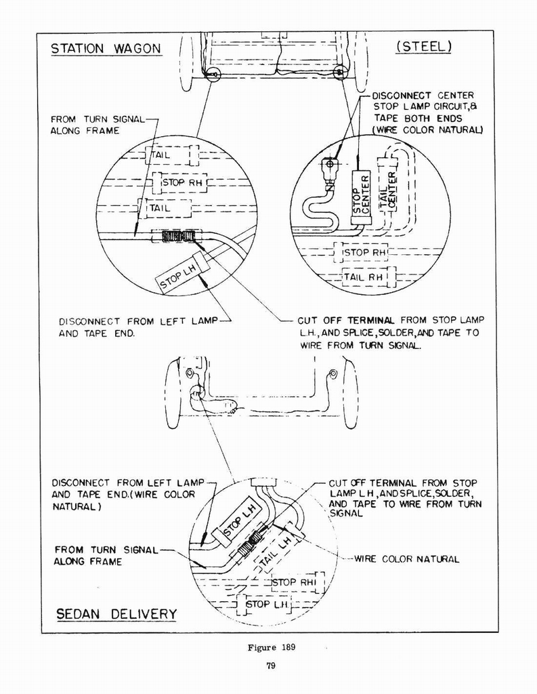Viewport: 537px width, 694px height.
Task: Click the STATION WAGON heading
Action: tap(106, 48)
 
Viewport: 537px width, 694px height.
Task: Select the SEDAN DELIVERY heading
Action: tap(116, 614)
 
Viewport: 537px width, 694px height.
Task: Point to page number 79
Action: tap(270, 666)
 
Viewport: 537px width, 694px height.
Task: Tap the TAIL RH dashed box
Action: tap(364, 277)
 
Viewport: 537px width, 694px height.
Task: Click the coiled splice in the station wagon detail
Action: tap(177, 237)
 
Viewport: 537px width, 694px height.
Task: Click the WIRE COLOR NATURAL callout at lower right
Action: tap(406, 559)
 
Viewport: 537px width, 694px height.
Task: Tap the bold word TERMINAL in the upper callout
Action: tap(371, 320)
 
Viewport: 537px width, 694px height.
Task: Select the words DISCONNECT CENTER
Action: tap(423, 96)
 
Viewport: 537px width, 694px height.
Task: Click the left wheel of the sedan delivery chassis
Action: tap(173, 394)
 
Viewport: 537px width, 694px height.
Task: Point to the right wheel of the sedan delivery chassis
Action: tap(350, 394)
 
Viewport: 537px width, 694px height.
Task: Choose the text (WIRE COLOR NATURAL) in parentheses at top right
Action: tap(427, 130)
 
